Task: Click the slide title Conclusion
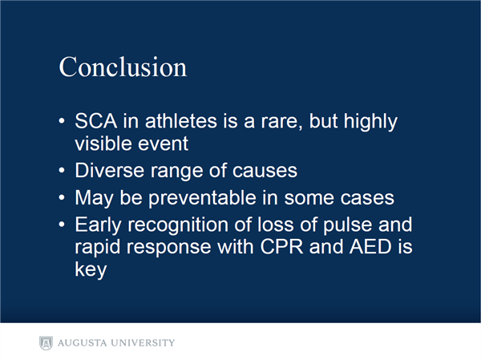[123, 67]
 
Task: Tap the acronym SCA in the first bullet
[96, 120]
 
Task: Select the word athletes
[181, 120]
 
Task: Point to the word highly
[370, 122]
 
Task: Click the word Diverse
[110, 170]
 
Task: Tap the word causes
[265, 172]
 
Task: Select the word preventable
[203, 199]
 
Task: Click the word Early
[98, 226]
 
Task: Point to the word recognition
[178, 226]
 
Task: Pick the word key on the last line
[91, 270]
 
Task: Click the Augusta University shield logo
[46, 343]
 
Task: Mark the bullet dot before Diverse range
[62, 170]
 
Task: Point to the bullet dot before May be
[62, 197]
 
